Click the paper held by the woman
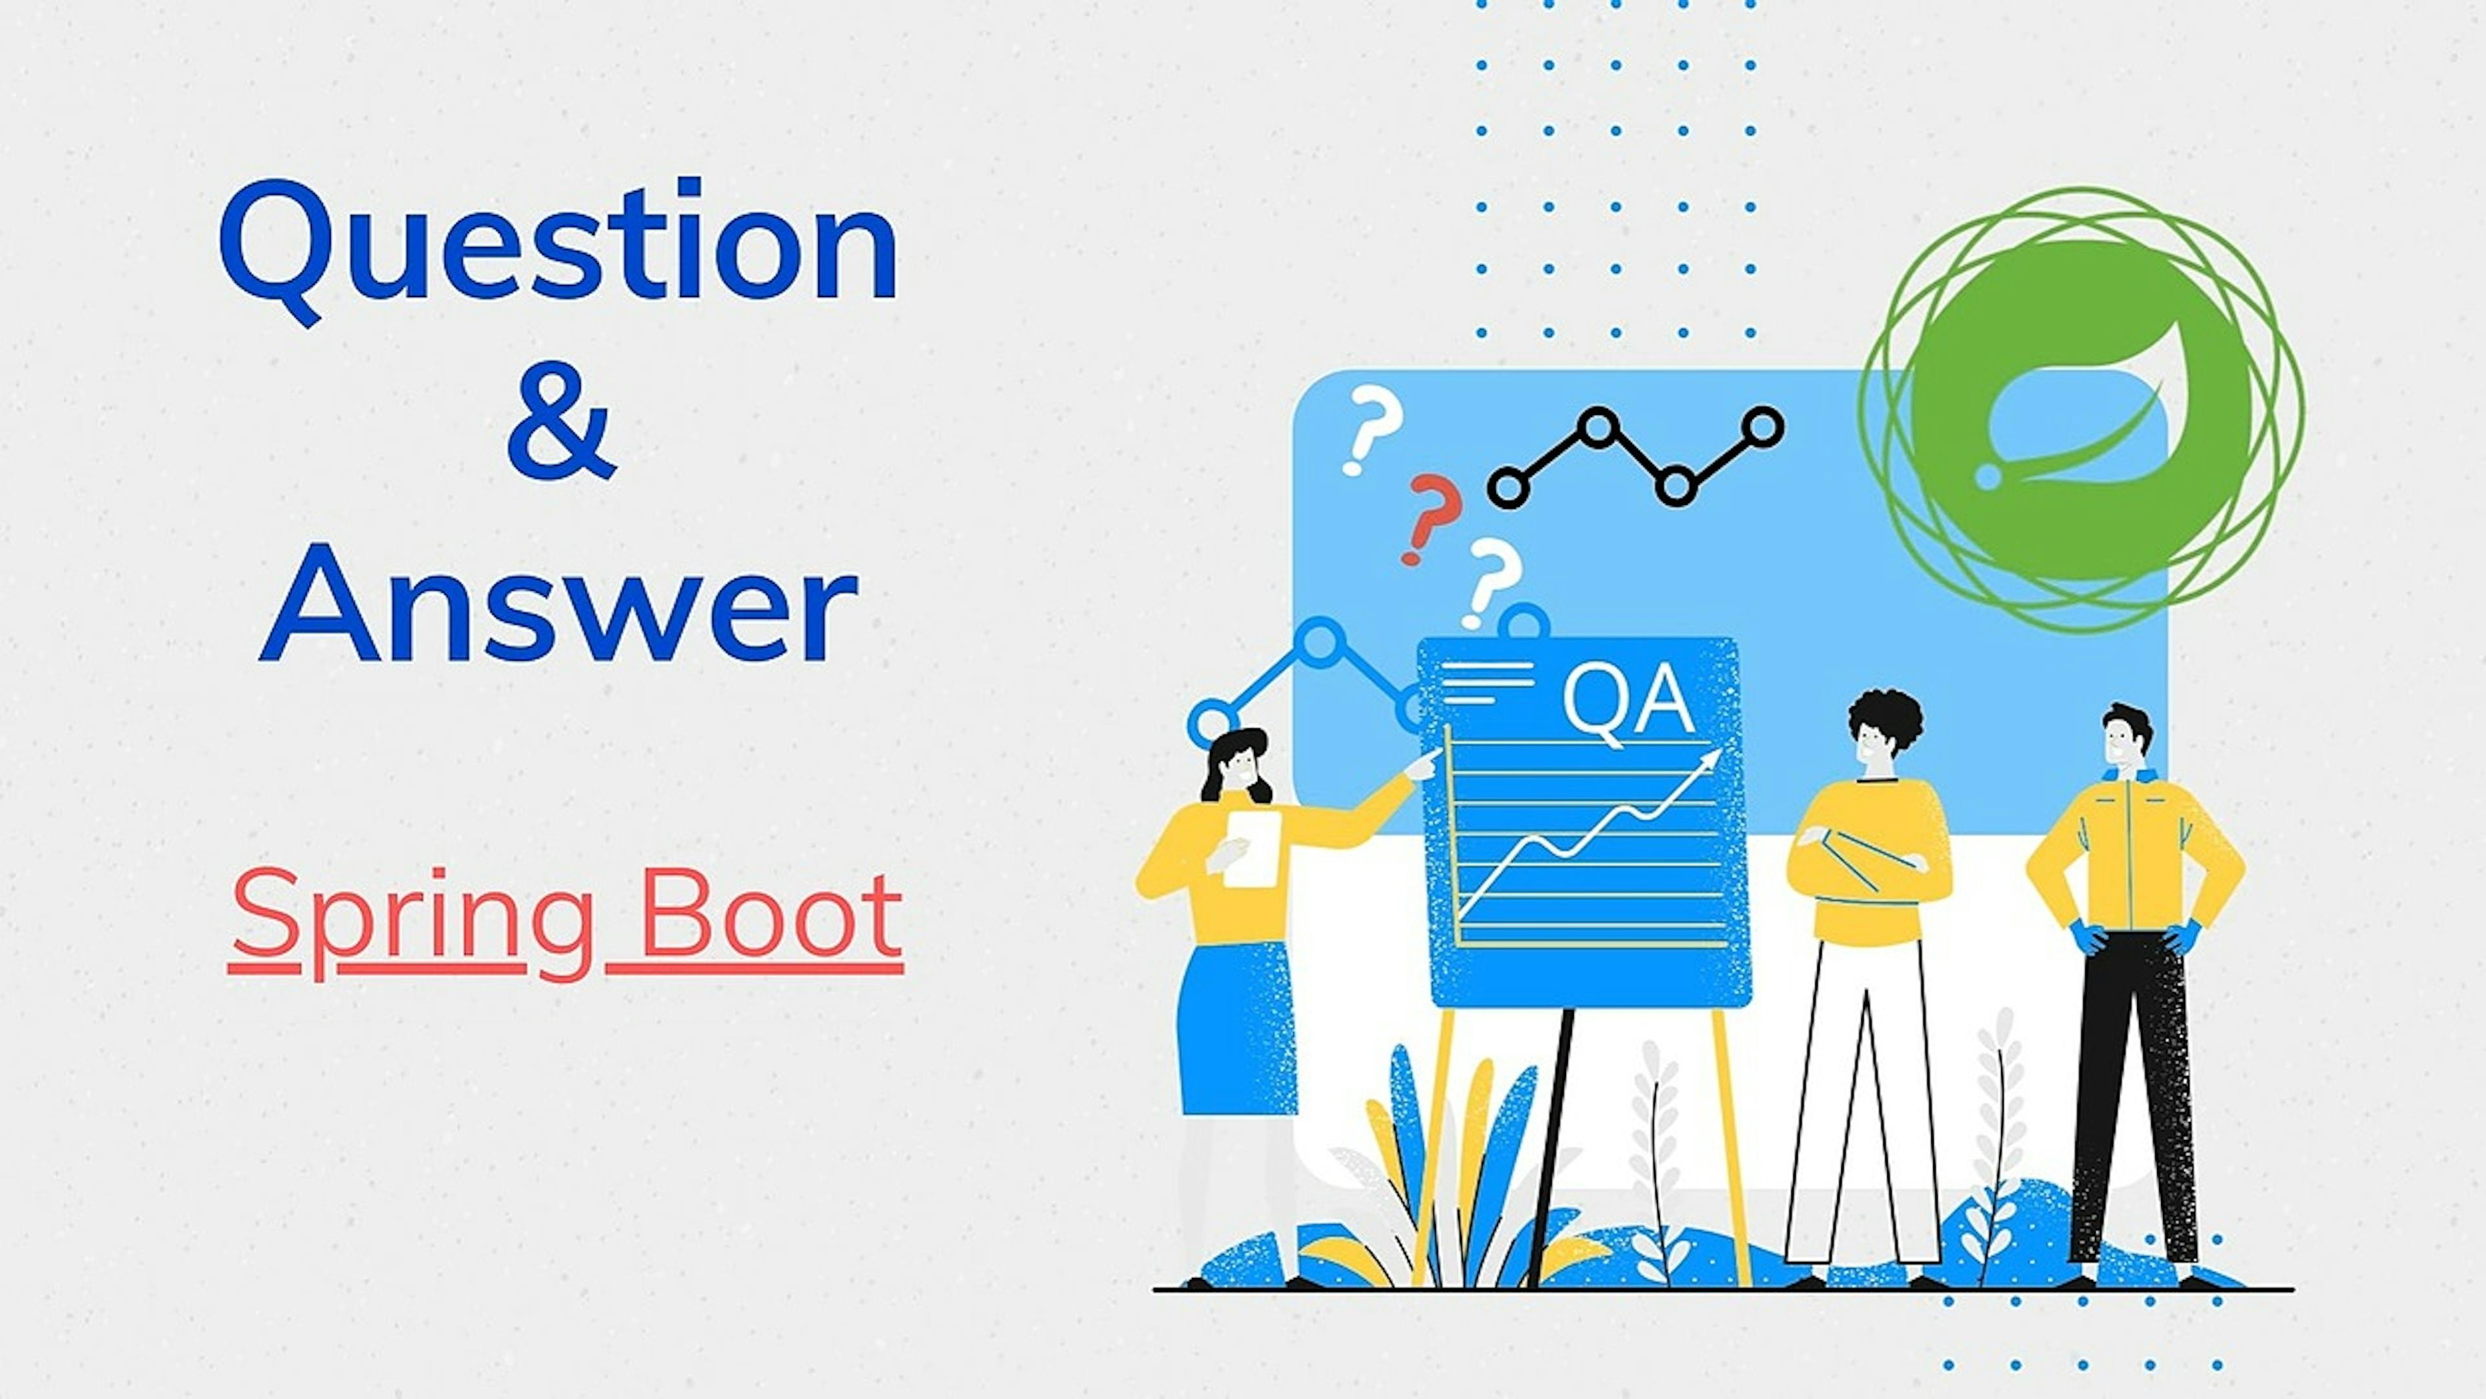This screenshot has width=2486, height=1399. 1253,848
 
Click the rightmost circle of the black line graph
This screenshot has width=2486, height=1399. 1763,427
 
